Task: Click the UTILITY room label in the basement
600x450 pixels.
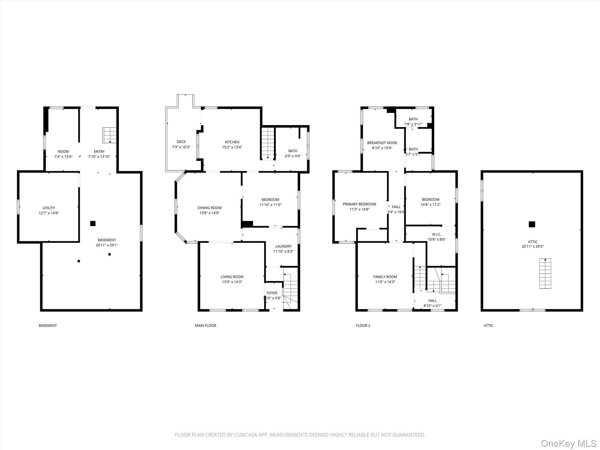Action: point(49,208)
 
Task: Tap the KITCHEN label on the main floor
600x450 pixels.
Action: point(232,142)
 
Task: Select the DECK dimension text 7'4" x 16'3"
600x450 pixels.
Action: point(181,147)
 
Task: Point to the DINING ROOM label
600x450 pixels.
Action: point(209,208)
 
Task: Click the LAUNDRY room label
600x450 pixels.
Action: point(283,246)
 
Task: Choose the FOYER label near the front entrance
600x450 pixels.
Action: point(272,293)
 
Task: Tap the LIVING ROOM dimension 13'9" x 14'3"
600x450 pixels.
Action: point(232,282)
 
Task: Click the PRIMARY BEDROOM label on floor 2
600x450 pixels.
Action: point(359,204)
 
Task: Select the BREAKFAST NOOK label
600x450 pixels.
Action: point(382,143)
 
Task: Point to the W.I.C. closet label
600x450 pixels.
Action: point(437,234)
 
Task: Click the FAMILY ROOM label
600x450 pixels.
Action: point(385,277)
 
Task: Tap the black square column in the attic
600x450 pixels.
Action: point(532,224)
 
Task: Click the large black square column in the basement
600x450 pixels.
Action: point(93,224)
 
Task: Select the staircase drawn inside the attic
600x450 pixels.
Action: point(545,273)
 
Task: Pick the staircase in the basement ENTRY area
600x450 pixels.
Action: point(109,135)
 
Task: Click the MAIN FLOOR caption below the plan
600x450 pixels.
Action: point(205,325)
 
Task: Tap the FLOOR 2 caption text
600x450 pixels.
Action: point(363,325)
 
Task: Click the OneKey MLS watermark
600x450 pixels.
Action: point(569,443)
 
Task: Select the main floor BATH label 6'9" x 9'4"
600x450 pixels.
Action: point(293,151)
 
